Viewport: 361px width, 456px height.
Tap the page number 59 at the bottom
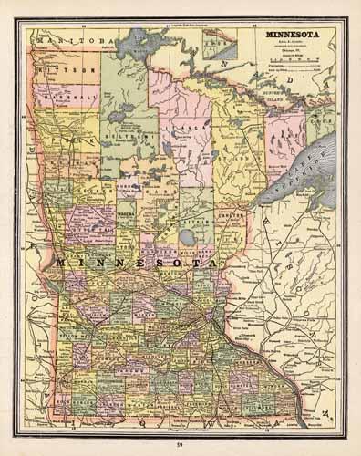click(180, 442)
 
